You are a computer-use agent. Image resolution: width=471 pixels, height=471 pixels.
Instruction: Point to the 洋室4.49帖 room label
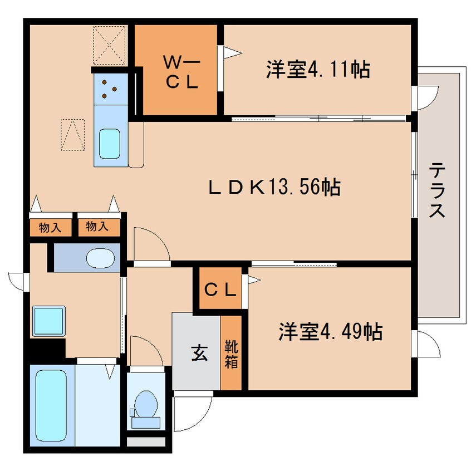[330, 332]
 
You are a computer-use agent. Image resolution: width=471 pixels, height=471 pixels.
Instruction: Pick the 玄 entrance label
[197, 354]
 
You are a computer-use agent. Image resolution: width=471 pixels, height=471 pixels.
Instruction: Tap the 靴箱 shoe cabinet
[231, 353]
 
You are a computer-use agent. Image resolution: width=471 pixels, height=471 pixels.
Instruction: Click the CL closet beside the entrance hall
[220, 290]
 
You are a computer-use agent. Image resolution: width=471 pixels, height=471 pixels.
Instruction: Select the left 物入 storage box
[50, 227]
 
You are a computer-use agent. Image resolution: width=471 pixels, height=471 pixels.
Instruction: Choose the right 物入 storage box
[98, 227]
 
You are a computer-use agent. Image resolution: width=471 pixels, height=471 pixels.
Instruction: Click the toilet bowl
[146, 404]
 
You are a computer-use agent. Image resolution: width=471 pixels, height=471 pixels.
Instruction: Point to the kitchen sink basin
[110, 144]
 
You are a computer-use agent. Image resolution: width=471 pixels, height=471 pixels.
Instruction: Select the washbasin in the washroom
[101, 258]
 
